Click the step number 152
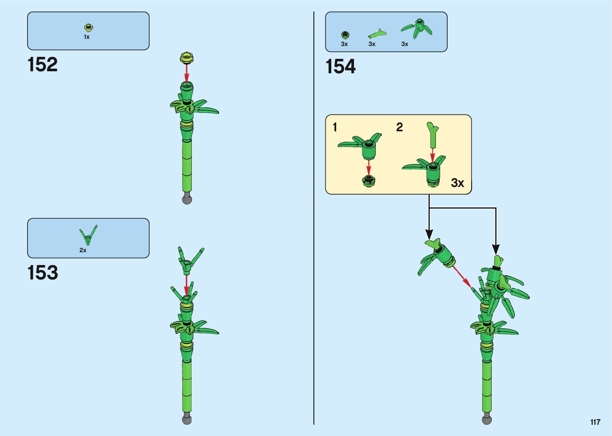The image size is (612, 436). (x=42, y=64)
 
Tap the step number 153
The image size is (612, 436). (x=42, y=273)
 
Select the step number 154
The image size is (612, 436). (x=340, y=66)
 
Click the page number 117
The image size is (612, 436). (x=595, y=422)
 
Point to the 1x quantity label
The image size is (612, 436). (x=87, y=37)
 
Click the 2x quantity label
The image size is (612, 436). (x=83, y=250)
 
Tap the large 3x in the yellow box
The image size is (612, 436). (x=457, y=183)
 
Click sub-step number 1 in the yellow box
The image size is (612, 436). (x=335, y=127)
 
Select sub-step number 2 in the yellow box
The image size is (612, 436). (x=399, y=127)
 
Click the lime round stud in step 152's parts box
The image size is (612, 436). (x=88, y=28)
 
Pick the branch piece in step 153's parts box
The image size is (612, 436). (x=88, y=235)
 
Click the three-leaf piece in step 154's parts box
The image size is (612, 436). (x=417, y=28)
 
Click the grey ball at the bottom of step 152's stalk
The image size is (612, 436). (x=187, y=199)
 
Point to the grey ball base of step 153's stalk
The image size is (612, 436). (x=187, y=420)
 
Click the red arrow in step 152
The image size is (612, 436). (x=187, y=72)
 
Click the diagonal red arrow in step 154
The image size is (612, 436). (x=462, y=276)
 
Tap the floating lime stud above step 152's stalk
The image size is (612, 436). (x=187, y=58)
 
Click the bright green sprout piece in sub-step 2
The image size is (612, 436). (x=432, y=134)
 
